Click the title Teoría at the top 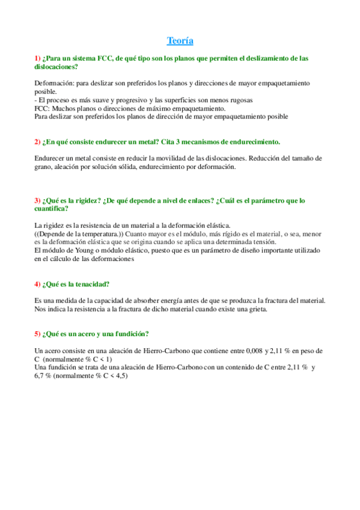[x=180, y=41]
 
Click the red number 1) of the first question [x=38, y=58]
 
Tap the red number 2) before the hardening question [x=38, y=142]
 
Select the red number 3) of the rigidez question [x=38, y=200]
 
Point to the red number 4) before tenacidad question [x=38, y=284]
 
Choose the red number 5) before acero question [x=38, y=334]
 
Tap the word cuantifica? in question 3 [x=52, y=209]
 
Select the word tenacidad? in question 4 [x=93, y=284]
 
